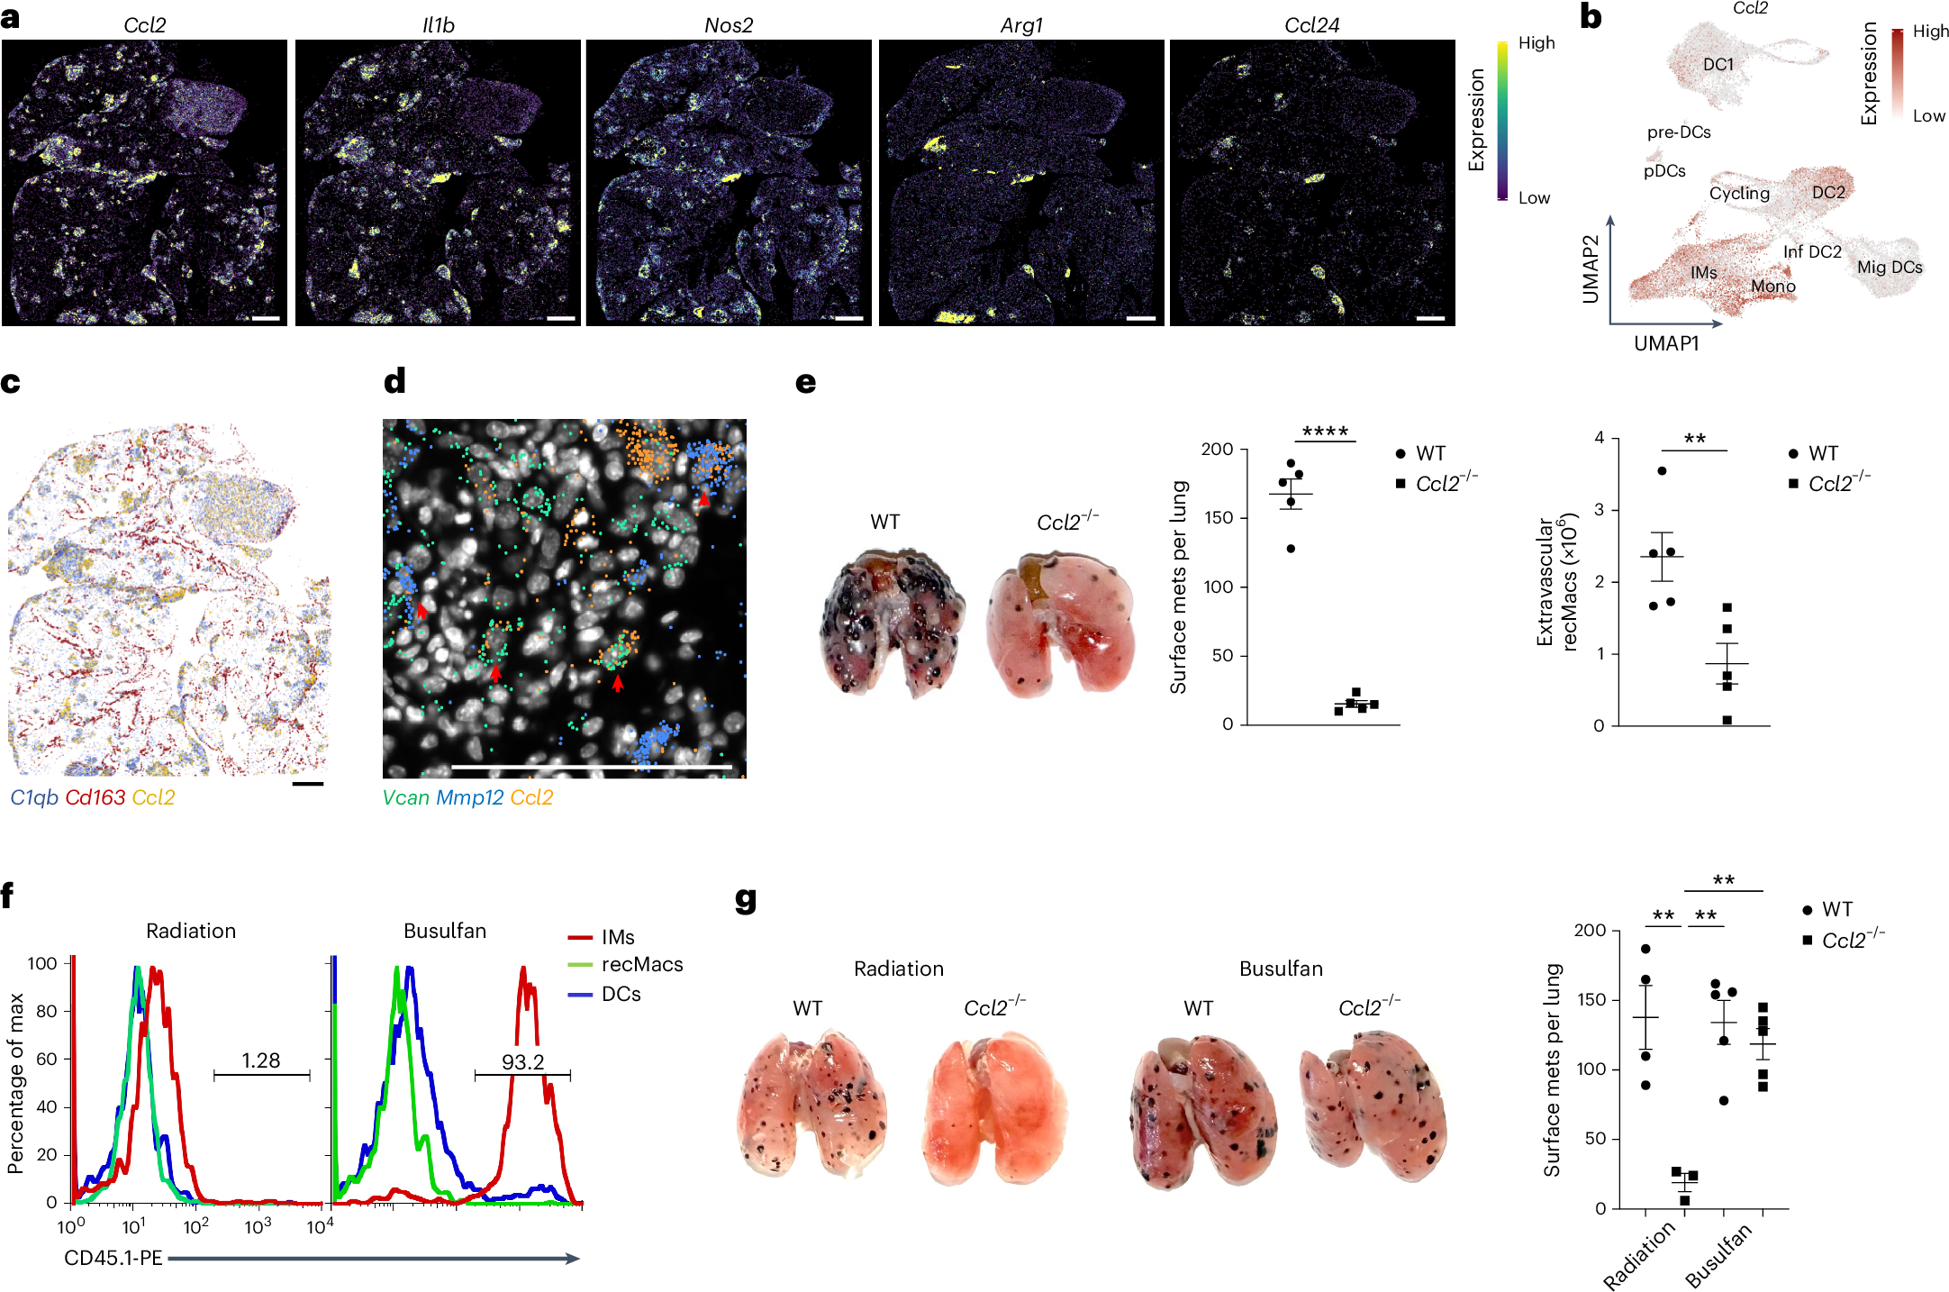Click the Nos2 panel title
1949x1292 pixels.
[728, 25]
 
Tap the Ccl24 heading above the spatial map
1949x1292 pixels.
[1311, 25]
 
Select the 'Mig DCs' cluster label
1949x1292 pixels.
[1890, 268]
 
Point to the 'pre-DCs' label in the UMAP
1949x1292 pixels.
[1679, 132]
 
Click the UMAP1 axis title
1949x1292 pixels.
[1666, 343]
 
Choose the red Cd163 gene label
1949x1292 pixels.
[95, 797]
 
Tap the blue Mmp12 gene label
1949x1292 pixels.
[469, 797]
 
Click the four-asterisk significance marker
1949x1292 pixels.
[1325, 432]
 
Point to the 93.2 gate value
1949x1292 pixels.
[522, 1061]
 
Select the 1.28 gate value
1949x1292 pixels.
[261, 1060]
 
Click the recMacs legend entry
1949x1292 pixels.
[641, 965]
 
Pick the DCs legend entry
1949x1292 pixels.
[621, 994]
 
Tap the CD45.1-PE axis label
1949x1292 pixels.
[113, 1258]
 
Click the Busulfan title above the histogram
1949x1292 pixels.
[445, 931]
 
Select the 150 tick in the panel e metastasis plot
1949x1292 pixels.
[1218, 518]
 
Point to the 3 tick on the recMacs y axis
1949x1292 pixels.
[1600, 510]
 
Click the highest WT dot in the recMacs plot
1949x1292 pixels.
[1662, 471]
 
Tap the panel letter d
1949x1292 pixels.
[394, 381]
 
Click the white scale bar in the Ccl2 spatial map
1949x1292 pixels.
[266, 318]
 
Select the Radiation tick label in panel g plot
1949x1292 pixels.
[1639, 1255]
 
